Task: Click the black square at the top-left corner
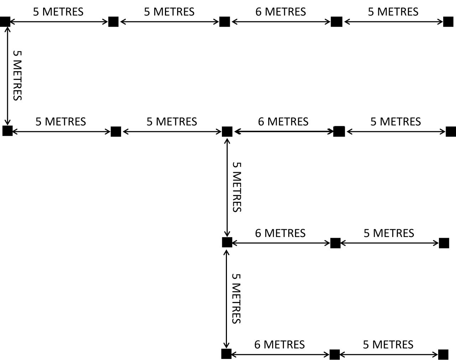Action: [x=5, y=22]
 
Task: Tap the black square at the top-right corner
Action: [x=448, y=22]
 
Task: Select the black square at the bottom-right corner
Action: [x=443, y=354]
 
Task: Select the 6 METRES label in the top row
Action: [x=280, y=12]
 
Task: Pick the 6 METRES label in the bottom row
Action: [x=279, y=345]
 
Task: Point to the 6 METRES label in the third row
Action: [x=280, y=233]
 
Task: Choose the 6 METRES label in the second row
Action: [x=283, y=122]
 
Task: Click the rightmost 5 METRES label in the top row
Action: [x=393, y=12]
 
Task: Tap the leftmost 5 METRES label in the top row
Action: [x=58, y=12]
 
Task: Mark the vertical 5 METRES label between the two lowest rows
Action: [x=237, y=298]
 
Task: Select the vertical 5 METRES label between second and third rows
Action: [x=237, y=187]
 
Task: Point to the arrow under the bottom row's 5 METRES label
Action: [x=389, y=354]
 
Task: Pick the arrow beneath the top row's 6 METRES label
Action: [x=281, y=22]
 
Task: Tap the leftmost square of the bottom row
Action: [x=226, y=354]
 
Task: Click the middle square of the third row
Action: [x=335, y=243]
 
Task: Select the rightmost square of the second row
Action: [x=451, y=132]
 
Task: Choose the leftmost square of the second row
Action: [x=7, y=131]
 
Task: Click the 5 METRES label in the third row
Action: [x=389, y=233]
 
